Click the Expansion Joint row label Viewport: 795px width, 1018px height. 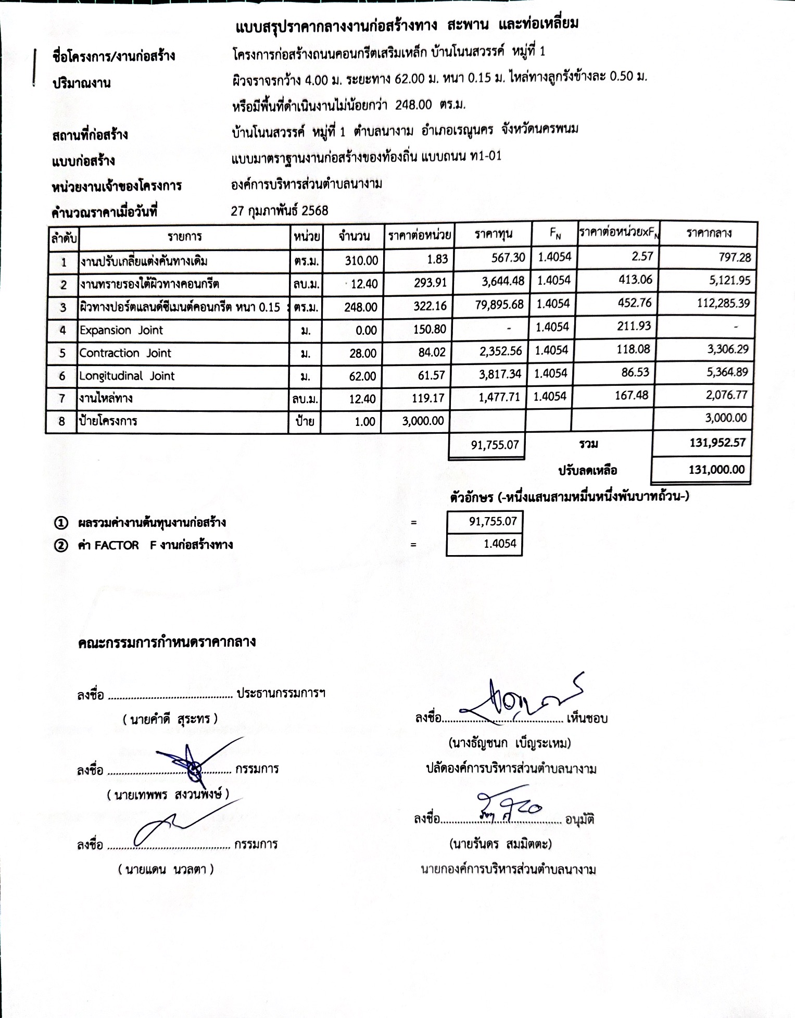[121, 330]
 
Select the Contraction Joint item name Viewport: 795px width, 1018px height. [125, 353]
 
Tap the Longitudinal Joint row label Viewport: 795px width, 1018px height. [127, 376]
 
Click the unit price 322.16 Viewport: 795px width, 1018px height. [430, 306]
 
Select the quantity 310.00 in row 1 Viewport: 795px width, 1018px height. [361, 260]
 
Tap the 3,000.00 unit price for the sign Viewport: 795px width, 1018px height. [423, 421]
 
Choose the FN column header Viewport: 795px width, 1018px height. [555, 234]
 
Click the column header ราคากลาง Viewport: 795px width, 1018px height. [709, 233]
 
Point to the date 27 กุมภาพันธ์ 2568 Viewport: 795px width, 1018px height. [280, 210]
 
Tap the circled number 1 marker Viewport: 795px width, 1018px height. [61, 523]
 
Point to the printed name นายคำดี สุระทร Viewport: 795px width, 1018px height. [170, 719]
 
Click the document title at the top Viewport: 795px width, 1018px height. [408, 24]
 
